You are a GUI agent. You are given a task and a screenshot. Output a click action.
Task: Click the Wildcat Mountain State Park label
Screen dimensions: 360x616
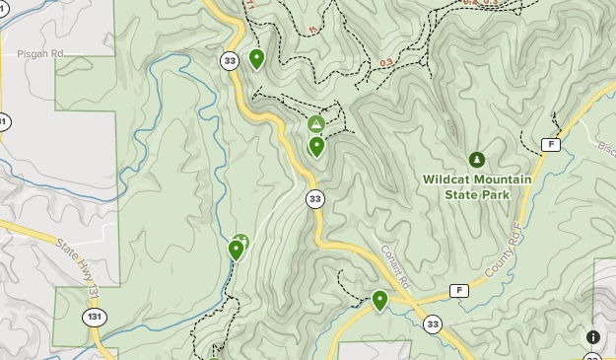click(x=477, y=186)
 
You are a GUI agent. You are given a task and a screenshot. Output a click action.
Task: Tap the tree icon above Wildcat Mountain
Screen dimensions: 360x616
click(x=477, y=159)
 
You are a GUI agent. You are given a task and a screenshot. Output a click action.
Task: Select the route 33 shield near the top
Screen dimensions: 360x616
click(x=230, y=61)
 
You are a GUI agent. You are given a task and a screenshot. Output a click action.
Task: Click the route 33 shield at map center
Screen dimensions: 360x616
click(x=314, y=199)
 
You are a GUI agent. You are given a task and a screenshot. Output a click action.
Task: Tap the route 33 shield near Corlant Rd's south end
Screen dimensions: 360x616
click(x=433, y=324)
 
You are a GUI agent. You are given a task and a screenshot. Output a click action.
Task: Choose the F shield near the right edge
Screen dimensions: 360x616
click(x=550, y=144)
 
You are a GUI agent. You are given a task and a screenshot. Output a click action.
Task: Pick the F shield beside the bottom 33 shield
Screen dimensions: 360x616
click(x=458, y=290)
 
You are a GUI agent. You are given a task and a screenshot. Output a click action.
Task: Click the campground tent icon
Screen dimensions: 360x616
click(x=315, y=124)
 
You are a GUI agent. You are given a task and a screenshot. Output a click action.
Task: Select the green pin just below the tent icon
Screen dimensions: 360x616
click(x=316, y=146)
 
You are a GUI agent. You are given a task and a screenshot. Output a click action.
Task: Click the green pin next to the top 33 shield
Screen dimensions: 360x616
click(x=256, y=58)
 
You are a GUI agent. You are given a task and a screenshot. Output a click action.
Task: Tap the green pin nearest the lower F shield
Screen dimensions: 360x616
click(x=379, y=299)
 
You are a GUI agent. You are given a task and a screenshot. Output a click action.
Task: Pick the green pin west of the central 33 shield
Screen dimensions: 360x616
click(x=237, y=249)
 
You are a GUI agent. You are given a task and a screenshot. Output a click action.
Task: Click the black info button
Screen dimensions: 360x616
click(x=593, y=337)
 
